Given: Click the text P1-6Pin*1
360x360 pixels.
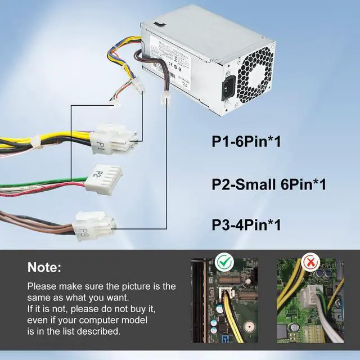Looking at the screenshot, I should point(246,141).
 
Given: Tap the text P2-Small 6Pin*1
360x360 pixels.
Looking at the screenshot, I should point(269,184).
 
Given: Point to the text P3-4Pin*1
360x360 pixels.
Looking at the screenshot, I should point(246,226).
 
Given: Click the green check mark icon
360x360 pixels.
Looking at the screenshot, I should point(225,262).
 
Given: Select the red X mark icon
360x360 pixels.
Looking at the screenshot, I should point(309,262).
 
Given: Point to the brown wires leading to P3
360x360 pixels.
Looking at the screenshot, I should point(34,219).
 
